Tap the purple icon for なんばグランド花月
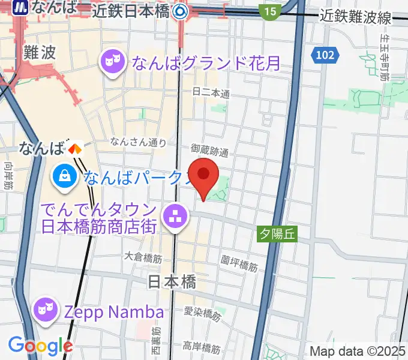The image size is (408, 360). click(x=112, y=62)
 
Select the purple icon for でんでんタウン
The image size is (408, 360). click(x=175, y=218)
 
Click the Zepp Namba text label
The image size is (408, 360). click(x=113, y=312)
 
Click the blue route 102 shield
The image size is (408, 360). click(x=323, y=55)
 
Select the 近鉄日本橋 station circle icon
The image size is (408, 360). click(x=179, y=11)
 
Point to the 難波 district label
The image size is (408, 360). click(x=40, y=52)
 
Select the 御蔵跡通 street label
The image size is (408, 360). click(x=209, y=150)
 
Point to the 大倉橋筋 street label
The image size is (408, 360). click(x=143, y=257)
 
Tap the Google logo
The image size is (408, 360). click(x=40, y=345)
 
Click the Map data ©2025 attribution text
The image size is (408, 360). click(x=357, y=351)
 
